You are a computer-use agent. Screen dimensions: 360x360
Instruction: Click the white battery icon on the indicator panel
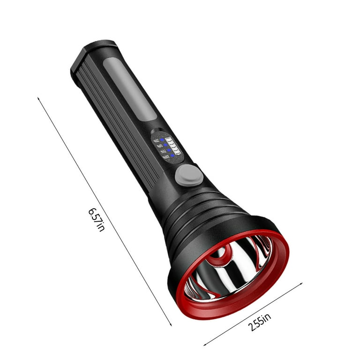(x=173, y=145)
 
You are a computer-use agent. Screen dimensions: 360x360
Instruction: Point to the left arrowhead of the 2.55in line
(x=205, y=345)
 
